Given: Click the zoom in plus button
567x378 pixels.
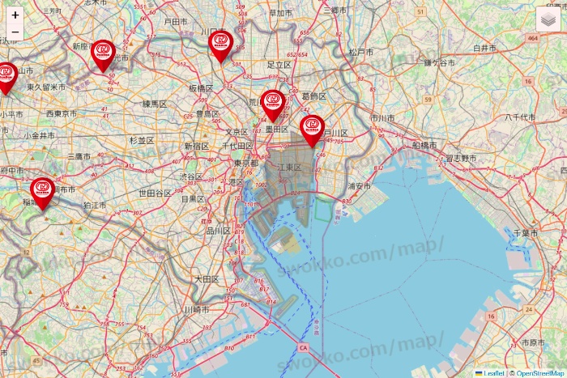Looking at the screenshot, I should click(15, 15).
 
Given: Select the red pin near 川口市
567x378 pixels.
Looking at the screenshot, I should click(220, 45).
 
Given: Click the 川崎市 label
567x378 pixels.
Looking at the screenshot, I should click(195, 310).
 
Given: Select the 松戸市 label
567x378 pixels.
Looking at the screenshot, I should click(360, 52).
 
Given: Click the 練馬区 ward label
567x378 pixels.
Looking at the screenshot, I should click(154, 104).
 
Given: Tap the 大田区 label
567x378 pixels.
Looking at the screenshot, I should click(206, 278).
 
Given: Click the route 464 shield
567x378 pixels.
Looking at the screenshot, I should click(532, 38).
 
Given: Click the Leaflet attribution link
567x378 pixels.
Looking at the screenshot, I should click(492, 373).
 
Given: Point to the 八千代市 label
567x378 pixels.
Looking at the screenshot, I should click(519, 117).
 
